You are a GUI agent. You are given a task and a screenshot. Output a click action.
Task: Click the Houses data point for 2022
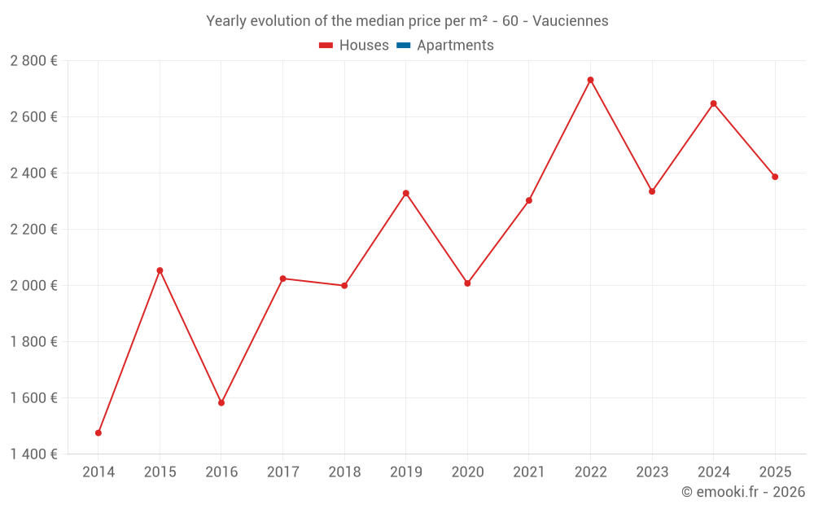590,80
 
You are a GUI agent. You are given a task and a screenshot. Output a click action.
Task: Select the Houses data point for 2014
98,432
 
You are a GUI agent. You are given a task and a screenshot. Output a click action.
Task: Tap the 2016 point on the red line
221,402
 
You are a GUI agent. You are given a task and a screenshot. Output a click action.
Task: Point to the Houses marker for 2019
406,193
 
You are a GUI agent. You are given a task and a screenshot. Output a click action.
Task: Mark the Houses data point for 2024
714,103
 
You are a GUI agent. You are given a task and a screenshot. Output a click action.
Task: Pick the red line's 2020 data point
467,283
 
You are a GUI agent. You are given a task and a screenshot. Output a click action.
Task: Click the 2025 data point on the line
775,177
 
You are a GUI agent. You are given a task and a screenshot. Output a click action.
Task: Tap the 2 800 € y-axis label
33,61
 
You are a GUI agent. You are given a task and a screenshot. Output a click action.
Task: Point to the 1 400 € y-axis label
33,454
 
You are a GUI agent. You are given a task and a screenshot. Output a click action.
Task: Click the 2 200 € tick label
33,230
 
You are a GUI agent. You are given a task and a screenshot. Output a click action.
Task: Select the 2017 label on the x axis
282,472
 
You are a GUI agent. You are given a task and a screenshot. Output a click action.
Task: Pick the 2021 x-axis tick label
529,472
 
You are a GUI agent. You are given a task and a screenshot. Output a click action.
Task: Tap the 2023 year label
652,472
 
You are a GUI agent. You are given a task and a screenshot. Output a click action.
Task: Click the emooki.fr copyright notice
743,492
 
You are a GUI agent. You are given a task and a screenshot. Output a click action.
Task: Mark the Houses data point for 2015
160,270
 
